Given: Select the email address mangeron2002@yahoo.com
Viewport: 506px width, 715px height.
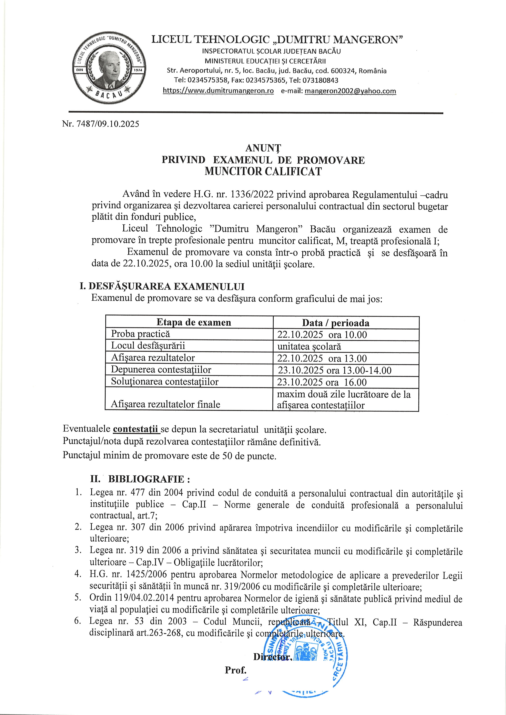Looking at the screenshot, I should (x=350, y=91).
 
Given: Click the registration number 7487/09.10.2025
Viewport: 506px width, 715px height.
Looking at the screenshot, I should (x=100, y=124).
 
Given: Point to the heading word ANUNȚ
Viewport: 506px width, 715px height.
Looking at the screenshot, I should (x=263, y=148).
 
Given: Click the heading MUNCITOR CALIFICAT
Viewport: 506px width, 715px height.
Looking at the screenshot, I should (x=263, y=172).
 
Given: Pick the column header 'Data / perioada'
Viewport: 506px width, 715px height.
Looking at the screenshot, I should (x=336, y=323).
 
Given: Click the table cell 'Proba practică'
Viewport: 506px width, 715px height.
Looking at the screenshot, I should (x=141, y=334).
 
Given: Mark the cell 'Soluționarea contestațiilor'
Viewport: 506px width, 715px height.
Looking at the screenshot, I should (x=164, y=382).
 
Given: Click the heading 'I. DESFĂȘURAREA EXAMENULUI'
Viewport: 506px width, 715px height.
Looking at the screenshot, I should (x=162, y=286).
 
